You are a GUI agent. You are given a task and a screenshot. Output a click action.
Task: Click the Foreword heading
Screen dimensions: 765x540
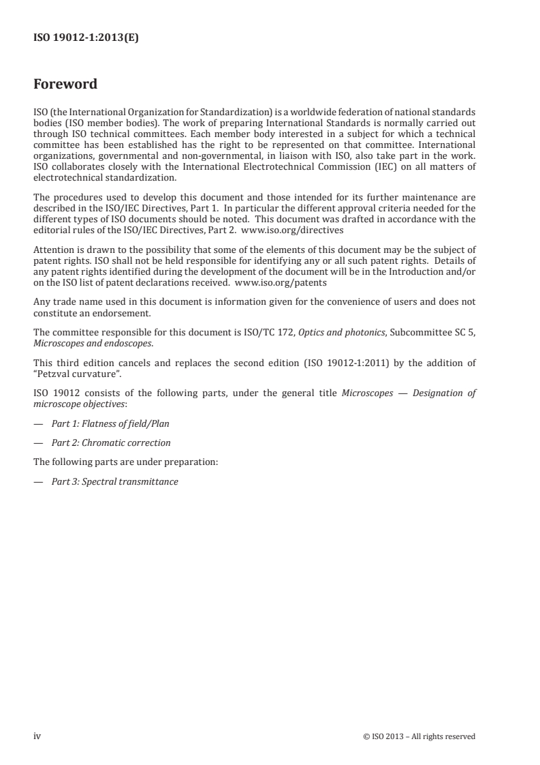click(65, 85)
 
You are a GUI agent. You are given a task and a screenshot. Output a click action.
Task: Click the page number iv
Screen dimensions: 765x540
click(37, 736)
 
